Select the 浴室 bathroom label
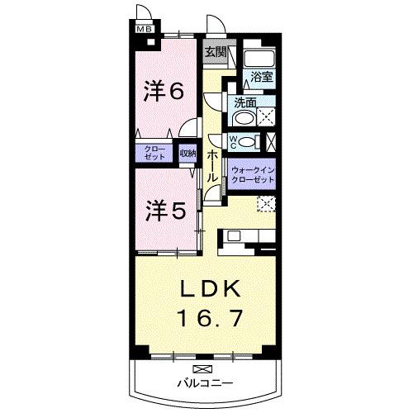click(263, 75)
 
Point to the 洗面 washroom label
click(245, 104)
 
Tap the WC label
click(233, 140)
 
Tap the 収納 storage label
click(188, 153)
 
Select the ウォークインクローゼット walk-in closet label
click(254, 172)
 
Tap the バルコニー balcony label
click(204, 383)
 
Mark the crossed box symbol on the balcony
click(202, 368)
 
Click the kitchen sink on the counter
click(234, 238)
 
